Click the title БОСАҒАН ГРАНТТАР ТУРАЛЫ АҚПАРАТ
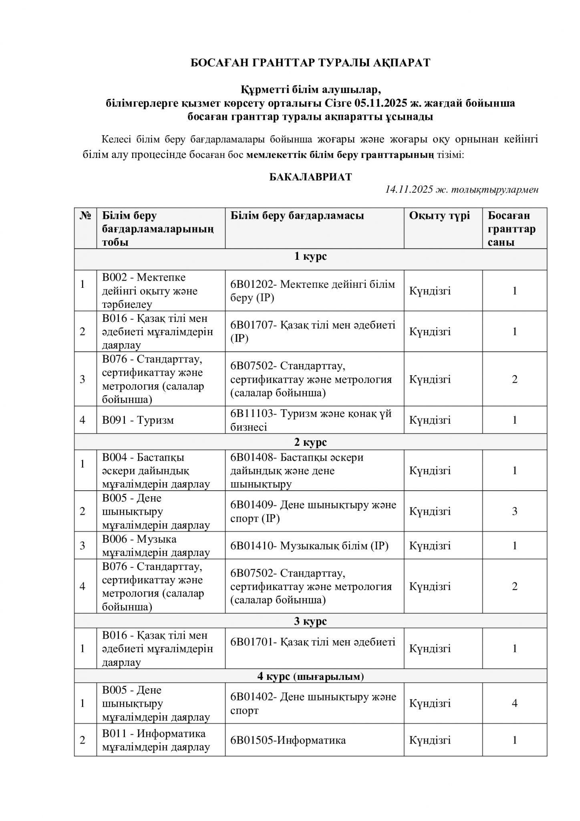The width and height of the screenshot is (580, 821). (310, 63)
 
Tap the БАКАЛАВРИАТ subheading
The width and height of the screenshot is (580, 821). (310, 177)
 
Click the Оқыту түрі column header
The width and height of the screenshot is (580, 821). (439, 216)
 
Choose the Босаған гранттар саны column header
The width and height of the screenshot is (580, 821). (512, 229)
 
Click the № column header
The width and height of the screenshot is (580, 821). (85, 216)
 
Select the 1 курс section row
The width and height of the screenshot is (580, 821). (310, 257)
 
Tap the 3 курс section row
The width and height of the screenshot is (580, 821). (310, 621)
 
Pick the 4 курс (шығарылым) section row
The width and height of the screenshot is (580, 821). (310, 677)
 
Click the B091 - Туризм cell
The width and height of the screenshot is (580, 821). (138, 420)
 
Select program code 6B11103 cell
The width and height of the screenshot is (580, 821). (311, 420)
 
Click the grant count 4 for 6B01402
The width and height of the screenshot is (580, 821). (515, 703)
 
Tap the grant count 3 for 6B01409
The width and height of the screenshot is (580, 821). (515, 511)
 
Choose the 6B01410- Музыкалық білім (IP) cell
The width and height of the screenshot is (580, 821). (309, 546)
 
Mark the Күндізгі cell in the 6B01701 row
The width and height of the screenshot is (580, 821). (430, 649)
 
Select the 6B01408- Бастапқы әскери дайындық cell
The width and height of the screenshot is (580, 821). (297, 471)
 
